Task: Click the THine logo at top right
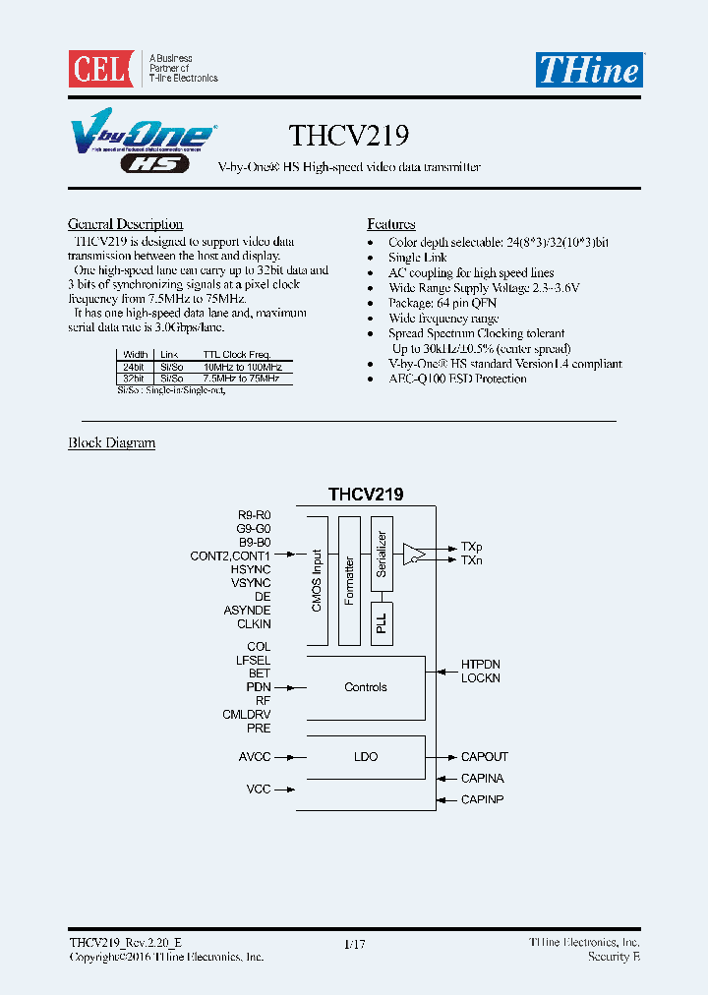pyautogui.click(x=588, y=69)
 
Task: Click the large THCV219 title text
pyautogui.click(x=349, y=134)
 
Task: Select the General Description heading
pyautogui.click(x=125, y=224)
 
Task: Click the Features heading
pyautogui.click(x=391, y=224)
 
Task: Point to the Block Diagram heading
pyautogui.click(x=111, y=442)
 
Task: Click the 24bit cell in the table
pyautogui.click(x=134, y=366)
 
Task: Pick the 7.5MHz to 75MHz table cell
pyautogui.click(x=242, y=378)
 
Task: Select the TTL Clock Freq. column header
pyautogui.click(x=236, y=354)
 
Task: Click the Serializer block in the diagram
pyautogui.click(x=383, y=556)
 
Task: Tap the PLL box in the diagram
pyautogui.click(x=382, y=623)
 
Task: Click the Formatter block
pyautogui.click(x=349, y=580)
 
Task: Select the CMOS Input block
pyautogui.click(x=317, y=580)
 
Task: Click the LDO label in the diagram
pyautogui.click(x=366, y=757)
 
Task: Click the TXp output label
pyautogui.click(x=471, y=546)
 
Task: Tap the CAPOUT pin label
pyautogui.click(x=485, y=757)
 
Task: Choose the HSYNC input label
pyautogui.click(x=251, y=569)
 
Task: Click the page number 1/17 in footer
pyautogui.click(x=354, y=944)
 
